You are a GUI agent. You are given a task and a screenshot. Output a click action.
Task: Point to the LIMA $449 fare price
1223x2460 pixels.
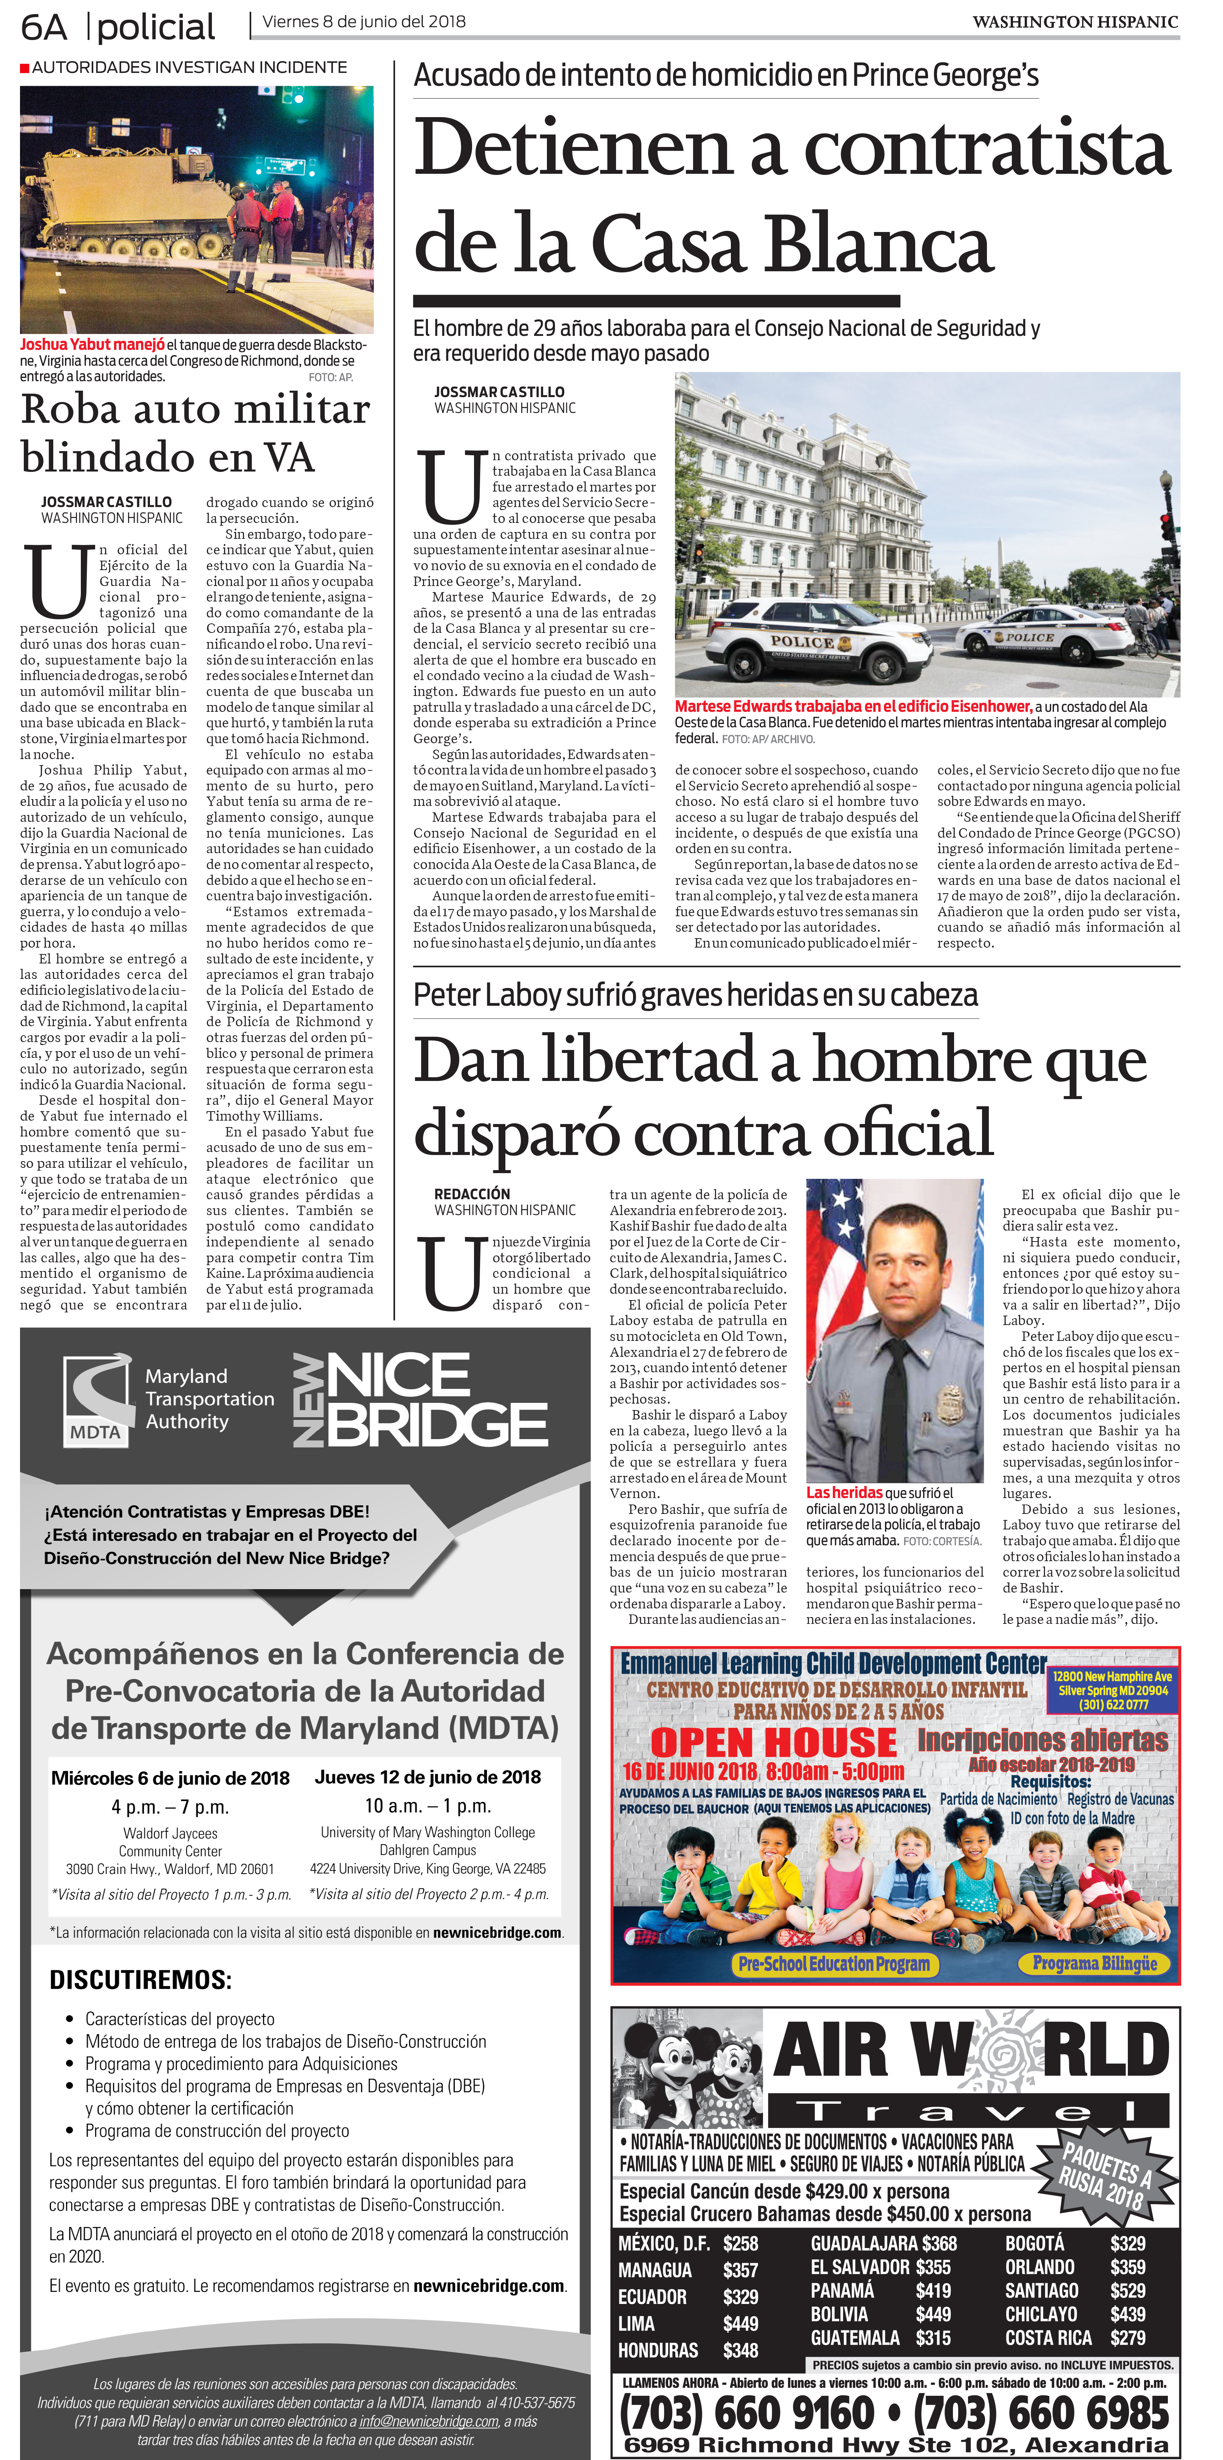740,2324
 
